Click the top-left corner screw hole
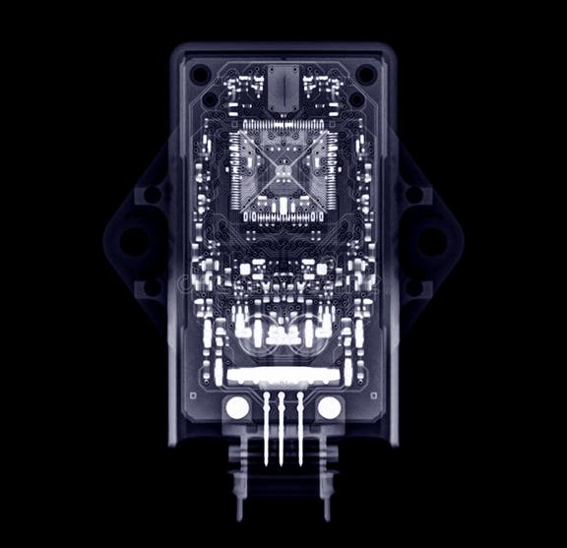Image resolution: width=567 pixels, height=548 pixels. coord(200,74)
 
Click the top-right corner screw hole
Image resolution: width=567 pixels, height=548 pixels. coord(365,74)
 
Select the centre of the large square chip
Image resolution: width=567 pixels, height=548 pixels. coord(283,173)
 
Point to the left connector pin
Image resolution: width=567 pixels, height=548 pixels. coord(266,428)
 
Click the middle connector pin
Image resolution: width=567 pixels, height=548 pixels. coord(283,428)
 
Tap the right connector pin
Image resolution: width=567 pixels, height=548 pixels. coord(299,428)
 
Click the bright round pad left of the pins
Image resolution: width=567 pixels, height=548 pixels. coord(237,407)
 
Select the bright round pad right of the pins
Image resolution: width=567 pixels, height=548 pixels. coord(329,407)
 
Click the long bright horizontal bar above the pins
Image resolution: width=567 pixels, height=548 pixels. coord(283,376)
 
